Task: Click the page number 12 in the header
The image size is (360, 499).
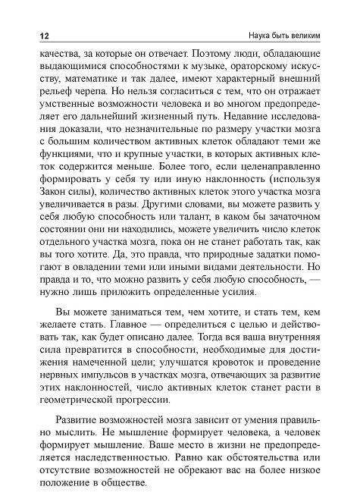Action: pos(35,37)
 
